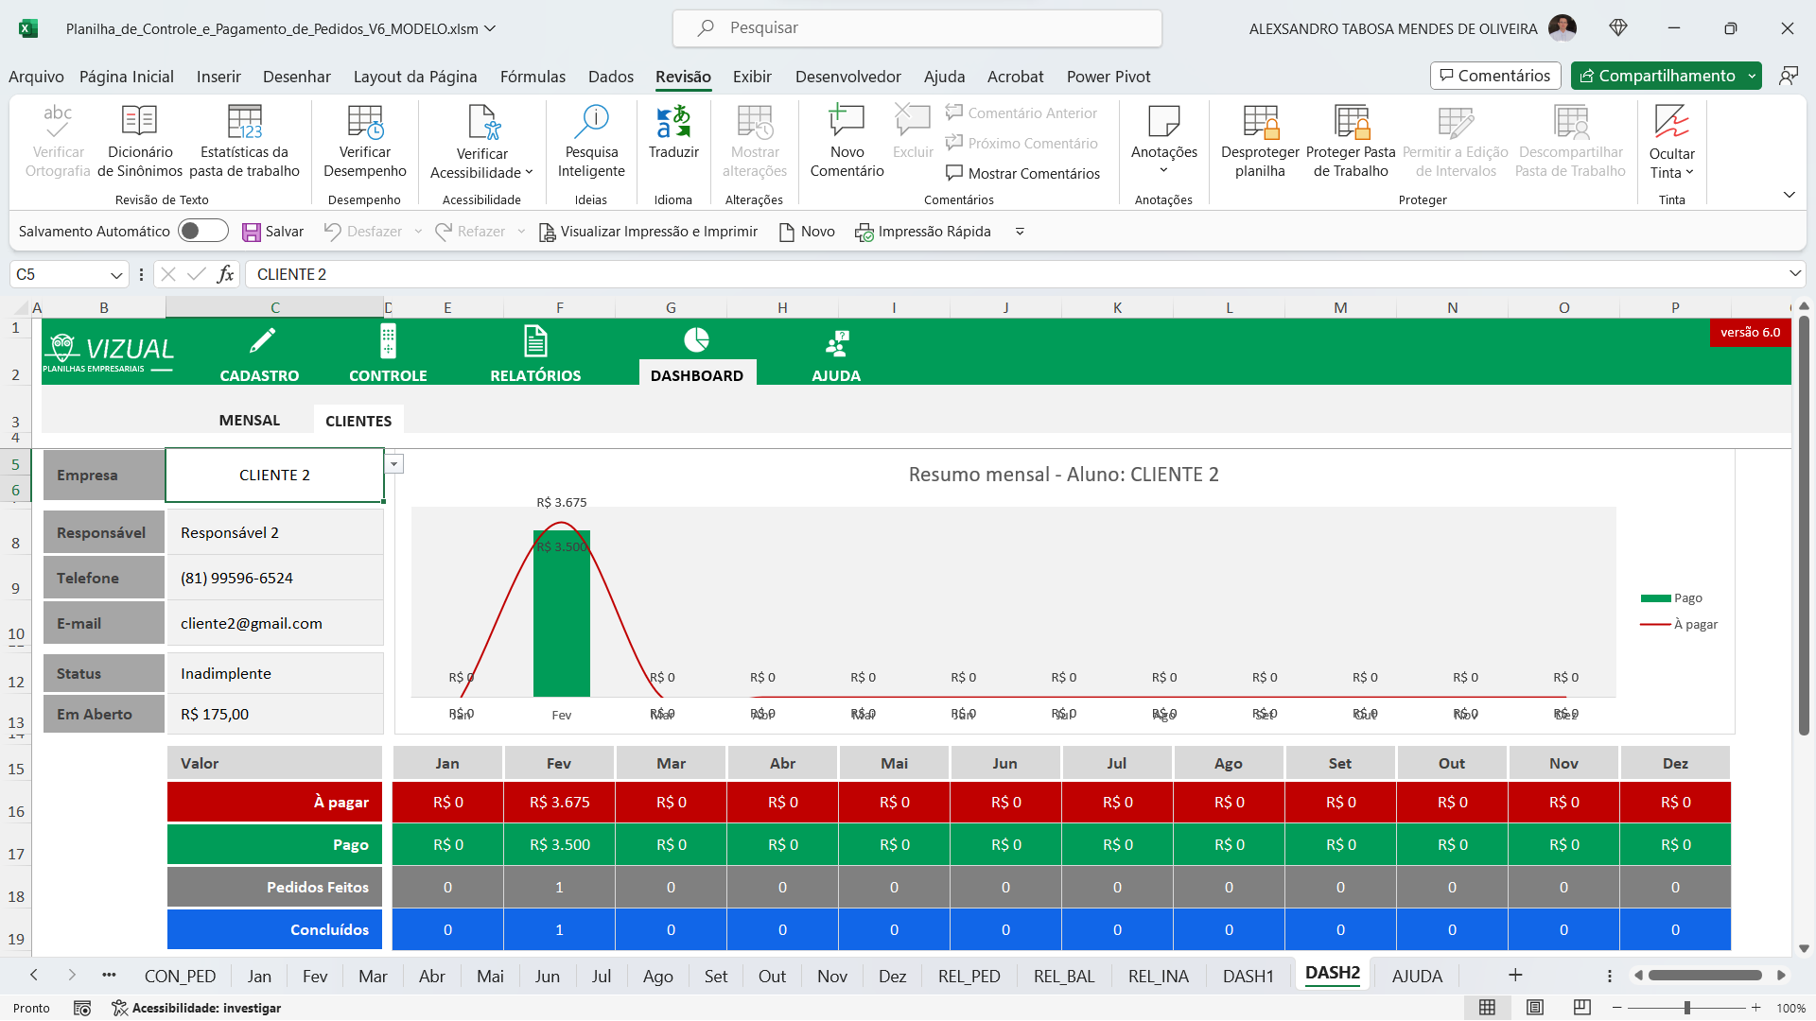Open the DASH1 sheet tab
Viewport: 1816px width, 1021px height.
pos(1248,977)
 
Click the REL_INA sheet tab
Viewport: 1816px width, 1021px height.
pos(1158,977)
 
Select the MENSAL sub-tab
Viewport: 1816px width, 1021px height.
pos(250,421)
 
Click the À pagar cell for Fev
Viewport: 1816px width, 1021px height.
pos(559,803)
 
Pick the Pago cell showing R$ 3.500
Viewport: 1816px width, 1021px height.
pos(559,845)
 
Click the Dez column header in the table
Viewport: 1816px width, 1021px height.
pos(1675,764)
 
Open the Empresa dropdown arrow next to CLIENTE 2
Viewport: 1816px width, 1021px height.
pos(394,464)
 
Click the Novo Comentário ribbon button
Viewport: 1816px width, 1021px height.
pos(847,142)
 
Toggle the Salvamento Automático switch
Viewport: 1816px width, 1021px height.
pos(202,232)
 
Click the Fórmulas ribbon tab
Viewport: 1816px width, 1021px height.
pos(533,77)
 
